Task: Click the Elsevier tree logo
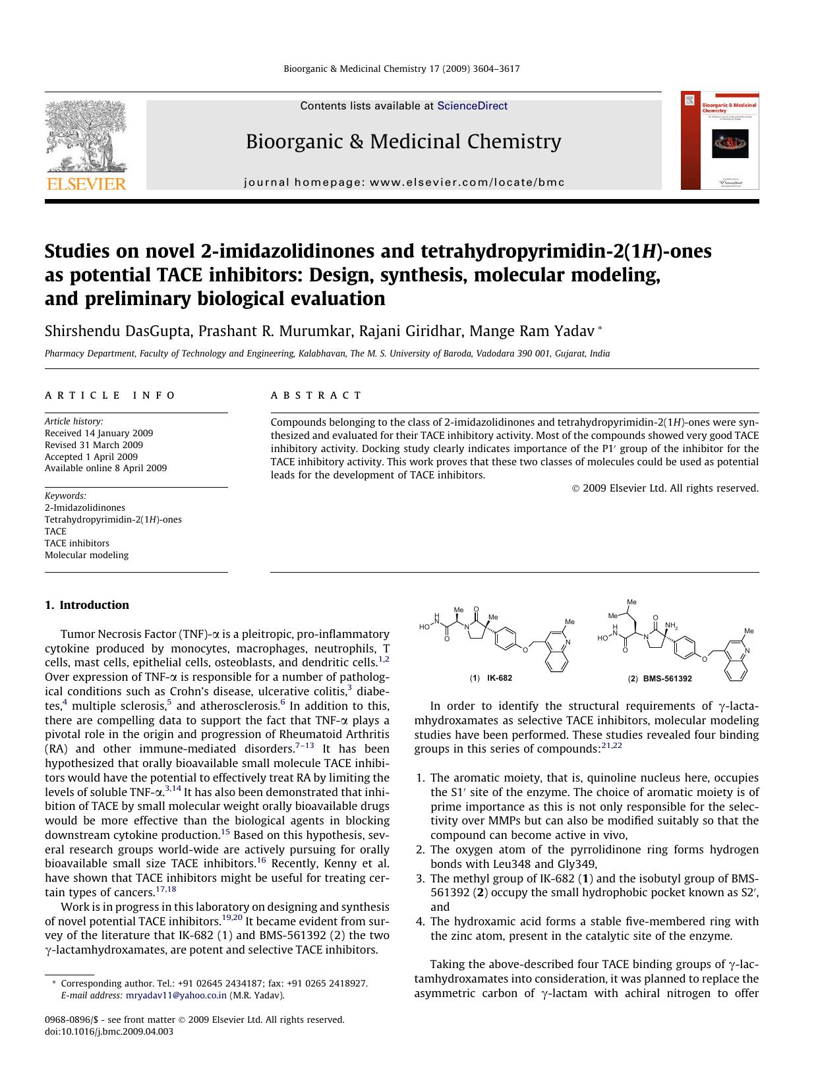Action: click(x=85, y=138)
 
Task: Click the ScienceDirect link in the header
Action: click(x=472, y=105)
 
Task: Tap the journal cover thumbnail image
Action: click(x=720, y=140)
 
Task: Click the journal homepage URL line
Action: click(x=404, y=182)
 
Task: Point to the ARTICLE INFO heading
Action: click(x=110, y=395)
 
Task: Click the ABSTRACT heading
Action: click(x=316, y=395)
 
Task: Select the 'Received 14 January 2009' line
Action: click(x=99, y=433)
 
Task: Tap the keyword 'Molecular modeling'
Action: click(x=86, y=555)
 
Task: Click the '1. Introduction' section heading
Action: click(x=86, y=605)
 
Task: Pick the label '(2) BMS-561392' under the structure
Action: click(x=659, y=678)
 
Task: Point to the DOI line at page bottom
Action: click(x=109, y=1031)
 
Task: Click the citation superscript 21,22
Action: click(x=612, y=746)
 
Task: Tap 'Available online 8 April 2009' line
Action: click(x=105, y=468)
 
